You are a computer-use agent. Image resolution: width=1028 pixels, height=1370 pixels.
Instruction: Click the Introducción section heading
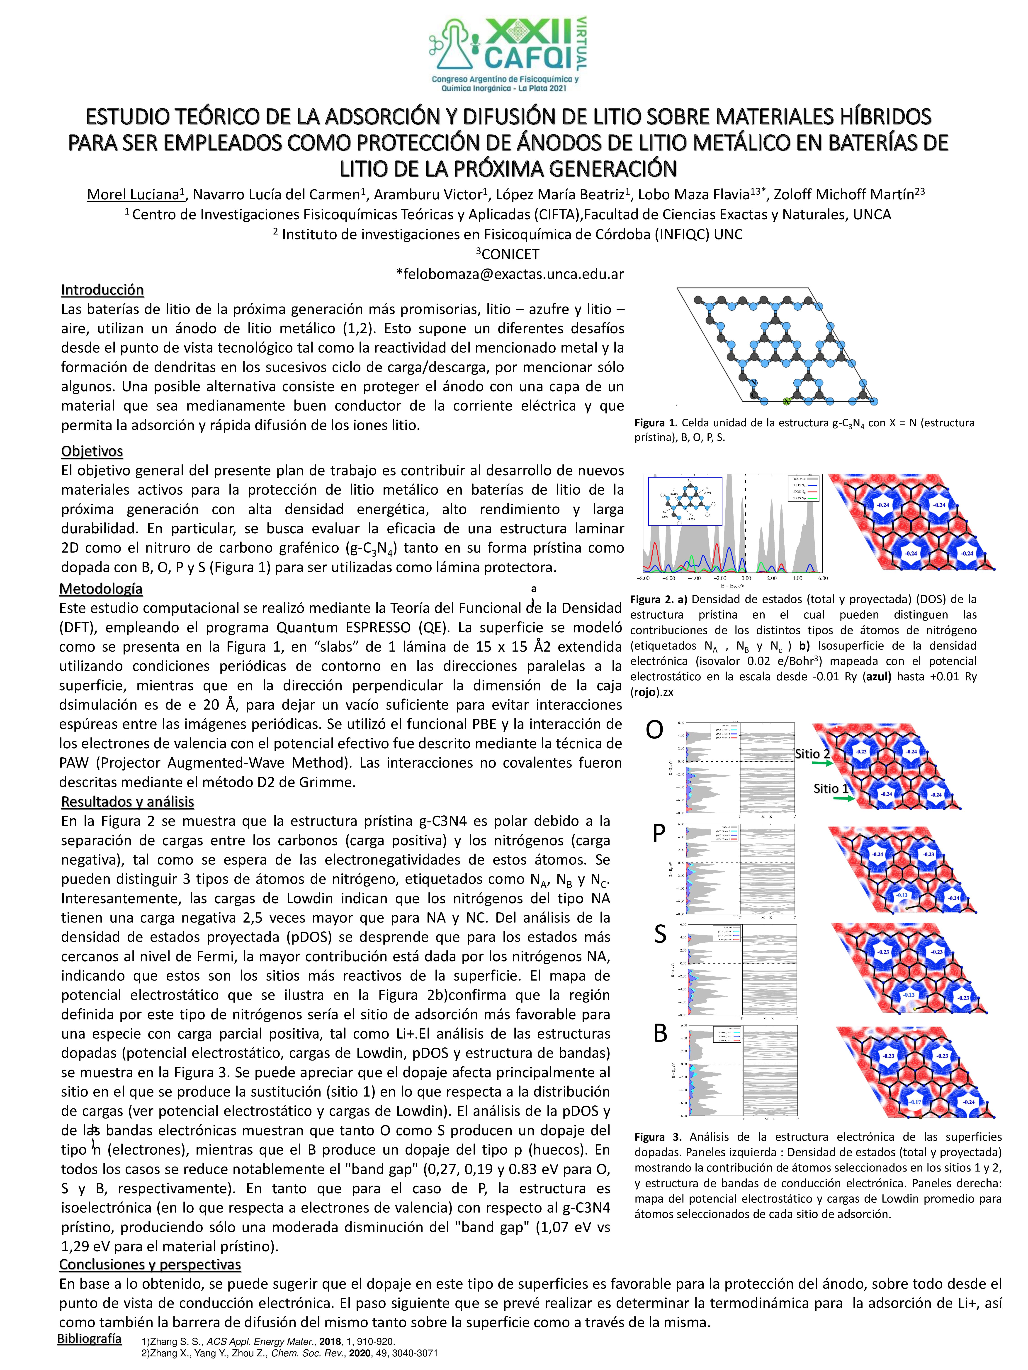[x=102, y=290]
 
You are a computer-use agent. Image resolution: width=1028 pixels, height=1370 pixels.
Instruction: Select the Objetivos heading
[x=92, y=451]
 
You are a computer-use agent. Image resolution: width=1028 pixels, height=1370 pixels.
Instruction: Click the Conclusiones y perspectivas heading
[x=150, y=1264]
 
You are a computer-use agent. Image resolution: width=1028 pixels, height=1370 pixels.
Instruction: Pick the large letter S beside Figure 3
[x=660, y=935]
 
